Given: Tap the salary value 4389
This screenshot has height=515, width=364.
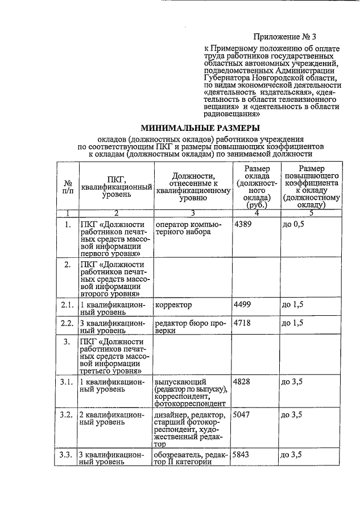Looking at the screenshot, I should tap(243, 224).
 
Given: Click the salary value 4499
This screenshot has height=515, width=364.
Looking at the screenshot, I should tap(243, 305).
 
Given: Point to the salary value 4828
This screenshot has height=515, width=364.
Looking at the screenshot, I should tap(243, 381).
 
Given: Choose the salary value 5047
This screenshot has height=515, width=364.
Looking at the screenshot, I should tap(243, 415).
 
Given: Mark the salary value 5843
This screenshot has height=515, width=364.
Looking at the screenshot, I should tap(243, 455).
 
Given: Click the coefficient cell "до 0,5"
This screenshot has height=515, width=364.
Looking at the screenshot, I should tap(293, 224).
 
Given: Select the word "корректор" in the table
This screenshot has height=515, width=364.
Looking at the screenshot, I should tap(173, 305).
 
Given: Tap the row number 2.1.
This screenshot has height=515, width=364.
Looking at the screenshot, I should tap(67, 305).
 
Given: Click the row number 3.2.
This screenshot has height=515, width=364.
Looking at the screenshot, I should tap(67, 415).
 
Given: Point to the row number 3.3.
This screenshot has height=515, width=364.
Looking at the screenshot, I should tap(67, 455).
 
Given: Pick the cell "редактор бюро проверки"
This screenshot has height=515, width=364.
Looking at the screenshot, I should tap(191, 327).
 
